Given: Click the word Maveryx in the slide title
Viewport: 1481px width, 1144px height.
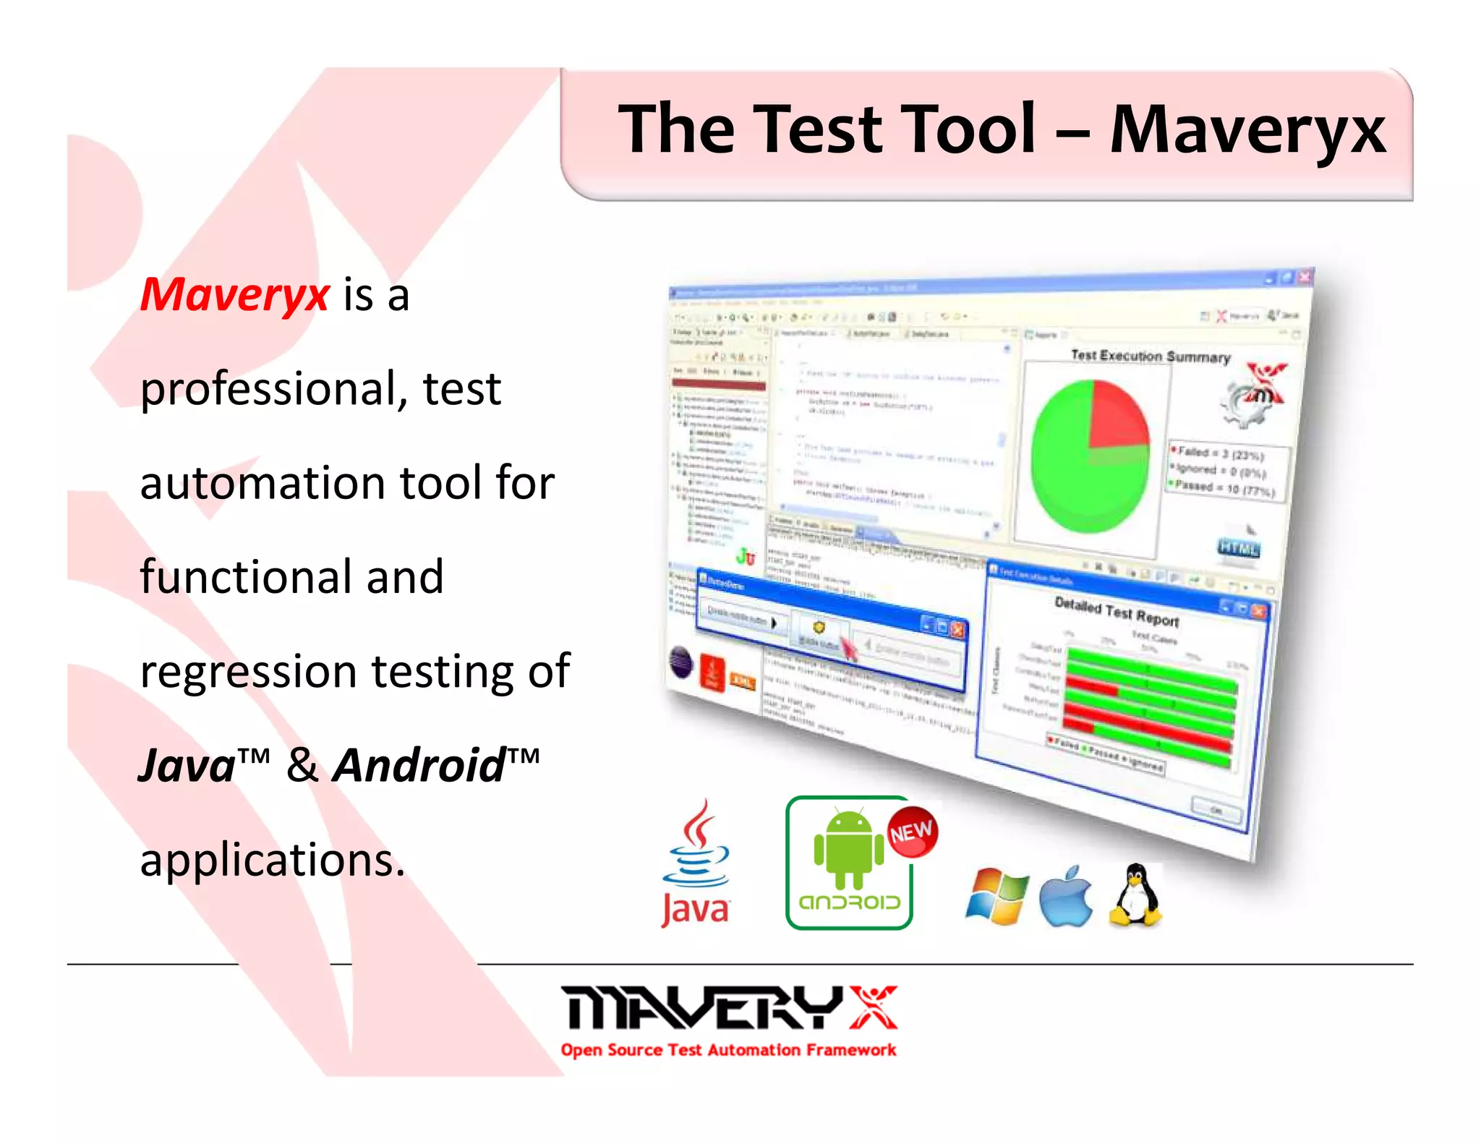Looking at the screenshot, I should pyautogui.click(x=1247, y=131).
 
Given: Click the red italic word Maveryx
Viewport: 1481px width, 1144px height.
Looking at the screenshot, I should pyautogui.click(x=234, y=295).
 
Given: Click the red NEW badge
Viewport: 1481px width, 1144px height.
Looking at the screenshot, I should pyautogui.click(x=912, y=832).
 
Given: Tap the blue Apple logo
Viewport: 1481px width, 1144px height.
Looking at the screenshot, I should pyautogui.click(x=1065, y=897).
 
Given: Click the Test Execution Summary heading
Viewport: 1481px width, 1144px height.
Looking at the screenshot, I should pyautogui.click(x=1150, y=356).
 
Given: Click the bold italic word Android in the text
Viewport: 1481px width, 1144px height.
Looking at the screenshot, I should pyautogui.click(x=419, y=765).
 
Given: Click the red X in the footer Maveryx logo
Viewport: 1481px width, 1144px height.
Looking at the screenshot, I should pyautogui.click(x=874, y=1007).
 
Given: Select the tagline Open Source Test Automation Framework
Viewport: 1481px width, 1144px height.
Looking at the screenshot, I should pyautogui.click(x=728, y=1050).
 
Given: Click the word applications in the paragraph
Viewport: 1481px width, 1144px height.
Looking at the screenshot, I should pyautogui.click(x=272, y=861).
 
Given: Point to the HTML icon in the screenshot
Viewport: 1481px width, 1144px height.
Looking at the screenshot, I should pyautogui.click(x=1238, y=547).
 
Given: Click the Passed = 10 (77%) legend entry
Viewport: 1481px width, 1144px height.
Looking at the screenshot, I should pyautogui.click(x=1224, y=488).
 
